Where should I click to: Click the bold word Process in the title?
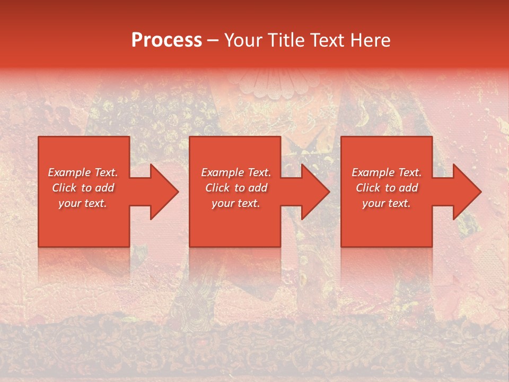pyautogui.click(x=166, y=40)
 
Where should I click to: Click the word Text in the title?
pyautogui.click(x=328, y=40)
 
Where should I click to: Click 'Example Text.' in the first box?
pyautogui.click(x=83, y=172)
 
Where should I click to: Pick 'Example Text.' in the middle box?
pyautogui.click(x=236, y=172)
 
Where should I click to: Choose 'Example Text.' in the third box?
pyautogui.click(x=387, y=172)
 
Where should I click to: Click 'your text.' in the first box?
pyautogui.click(x=82, y=203)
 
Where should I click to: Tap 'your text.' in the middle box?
pyautogui.click(x=235, y=203)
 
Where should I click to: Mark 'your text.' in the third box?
pyautogui.click(x=386, y=203)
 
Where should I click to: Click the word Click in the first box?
pyautogui.click(x=64, y=188)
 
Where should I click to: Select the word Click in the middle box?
pyautogui.click(x=217, y=188)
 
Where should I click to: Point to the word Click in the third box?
pyautogui.click(x=367, y=188)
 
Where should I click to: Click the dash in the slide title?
pyautogui.click(x=213, y=41)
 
